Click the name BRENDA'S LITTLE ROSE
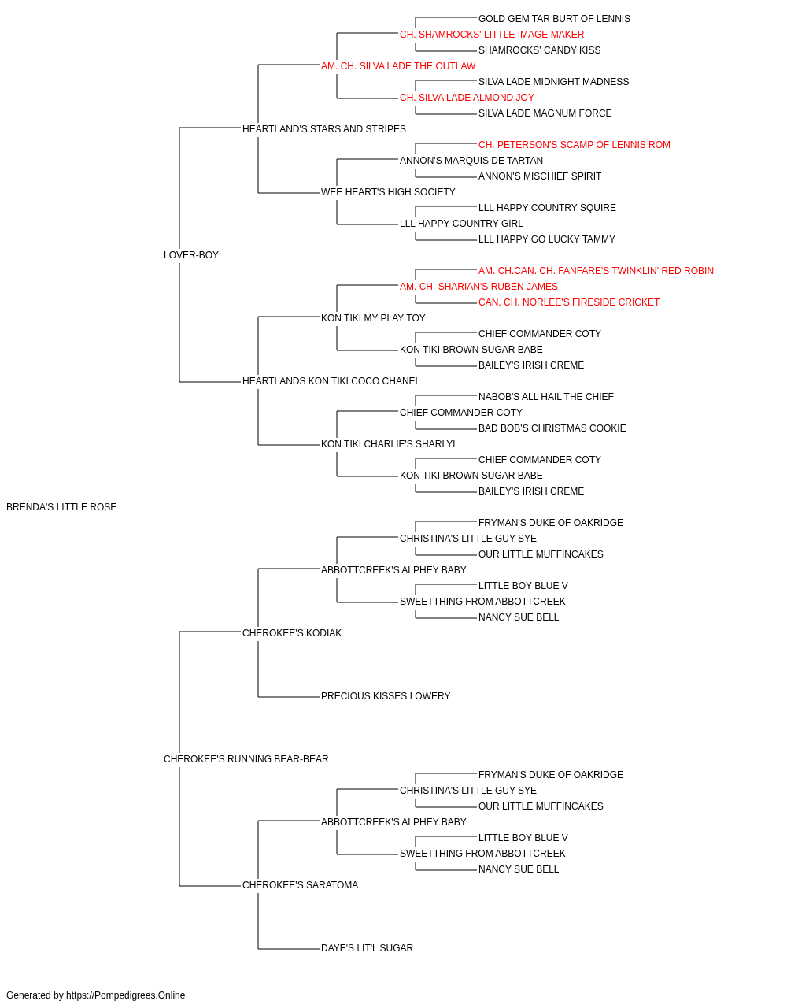61,507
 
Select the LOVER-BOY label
191,254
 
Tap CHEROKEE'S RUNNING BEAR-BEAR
246,759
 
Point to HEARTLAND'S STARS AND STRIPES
324,129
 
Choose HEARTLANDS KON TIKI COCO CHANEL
331,381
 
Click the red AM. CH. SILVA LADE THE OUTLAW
398,66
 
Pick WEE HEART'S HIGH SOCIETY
388,192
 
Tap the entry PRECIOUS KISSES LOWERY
386,696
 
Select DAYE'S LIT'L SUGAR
367,947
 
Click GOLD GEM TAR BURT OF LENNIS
554,19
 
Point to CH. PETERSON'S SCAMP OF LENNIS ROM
575,145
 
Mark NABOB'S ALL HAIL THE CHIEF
546,397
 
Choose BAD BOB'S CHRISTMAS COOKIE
552,428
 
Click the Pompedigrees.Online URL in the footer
126,995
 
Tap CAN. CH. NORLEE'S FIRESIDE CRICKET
569,302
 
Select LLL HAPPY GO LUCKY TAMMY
547,239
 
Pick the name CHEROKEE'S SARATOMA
301,884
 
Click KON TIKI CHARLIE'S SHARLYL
390,444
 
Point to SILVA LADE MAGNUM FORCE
545,113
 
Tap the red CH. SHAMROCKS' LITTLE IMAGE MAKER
492,35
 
